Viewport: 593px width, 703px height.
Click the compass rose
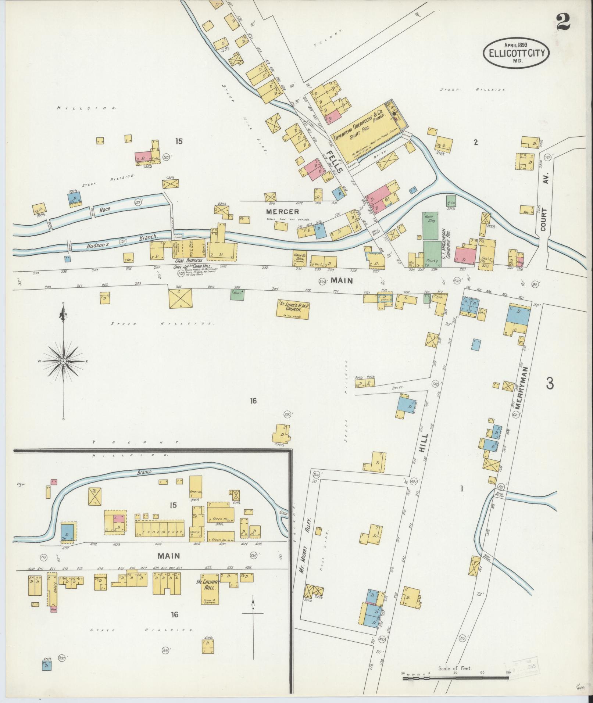tap(64, 361)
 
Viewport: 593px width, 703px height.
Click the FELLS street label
tap(335, 161)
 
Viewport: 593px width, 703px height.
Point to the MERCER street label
tap(283, 212)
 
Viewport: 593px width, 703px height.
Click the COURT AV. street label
tap(544, 206)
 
